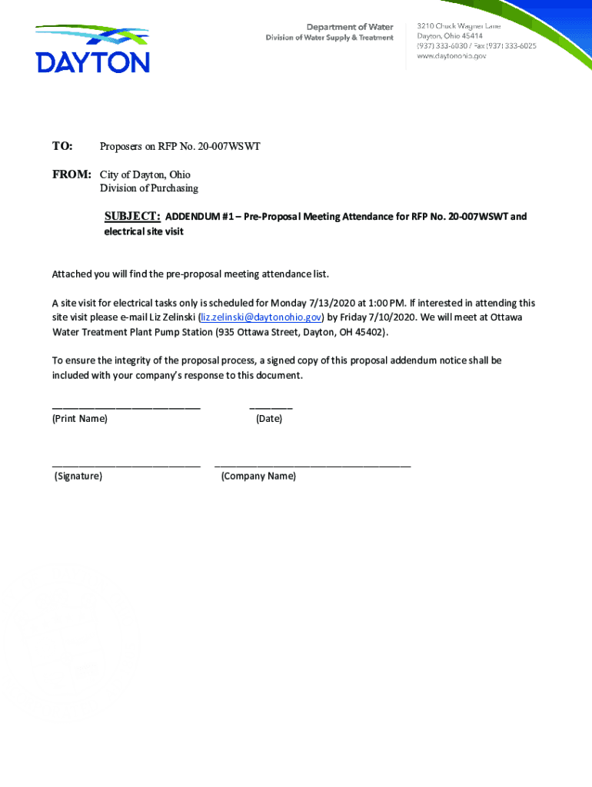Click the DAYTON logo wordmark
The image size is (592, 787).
(x=92, y=61)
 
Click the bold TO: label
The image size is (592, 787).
(x=62, y=146)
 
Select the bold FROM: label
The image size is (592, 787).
(x=72, y=174)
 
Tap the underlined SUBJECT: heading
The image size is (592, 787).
(x=132, y=216)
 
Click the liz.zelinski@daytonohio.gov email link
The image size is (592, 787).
(x=261, y=317)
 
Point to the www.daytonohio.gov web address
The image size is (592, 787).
(x=451, y=56)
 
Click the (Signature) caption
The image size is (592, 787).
(x=78, y=477)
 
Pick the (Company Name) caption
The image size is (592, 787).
(x=258, y=477)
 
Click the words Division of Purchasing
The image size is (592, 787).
(x=149, y=188)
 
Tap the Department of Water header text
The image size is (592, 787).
(x=350, y=27)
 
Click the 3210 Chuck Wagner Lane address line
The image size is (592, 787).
(x=459, y=26)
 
